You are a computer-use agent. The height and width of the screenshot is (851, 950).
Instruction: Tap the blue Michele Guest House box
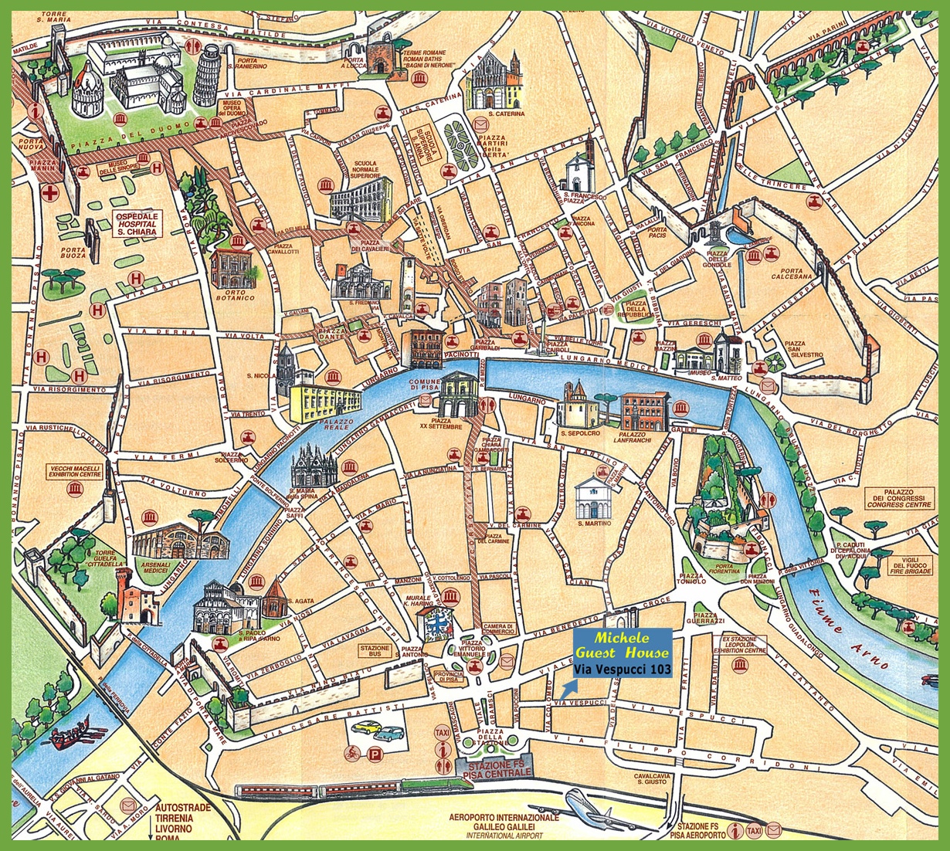(x=622, y=653)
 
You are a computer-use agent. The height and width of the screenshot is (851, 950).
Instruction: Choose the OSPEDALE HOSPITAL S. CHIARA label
(x=136, y=222)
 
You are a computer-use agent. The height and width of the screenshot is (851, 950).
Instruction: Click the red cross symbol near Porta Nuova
(x=51, y=192)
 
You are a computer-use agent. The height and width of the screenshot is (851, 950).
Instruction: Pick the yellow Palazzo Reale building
(x=324, y=402)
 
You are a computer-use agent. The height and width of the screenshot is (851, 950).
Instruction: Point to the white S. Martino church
(x=593, y=497)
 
